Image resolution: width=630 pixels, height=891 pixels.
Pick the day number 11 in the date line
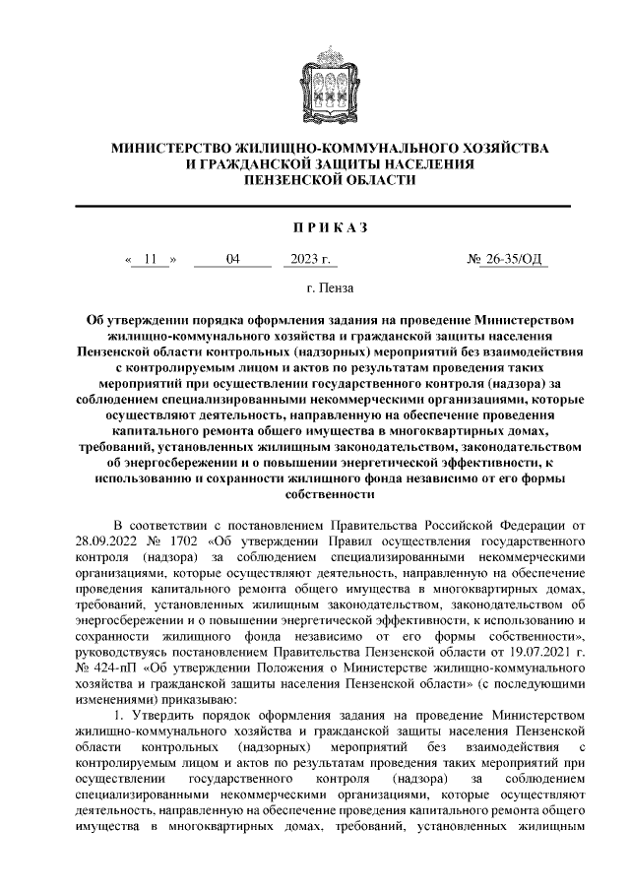150,260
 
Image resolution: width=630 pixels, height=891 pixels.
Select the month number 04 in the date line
232,260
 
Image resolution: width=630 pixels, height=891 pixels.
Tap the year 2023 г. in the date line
310,260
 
